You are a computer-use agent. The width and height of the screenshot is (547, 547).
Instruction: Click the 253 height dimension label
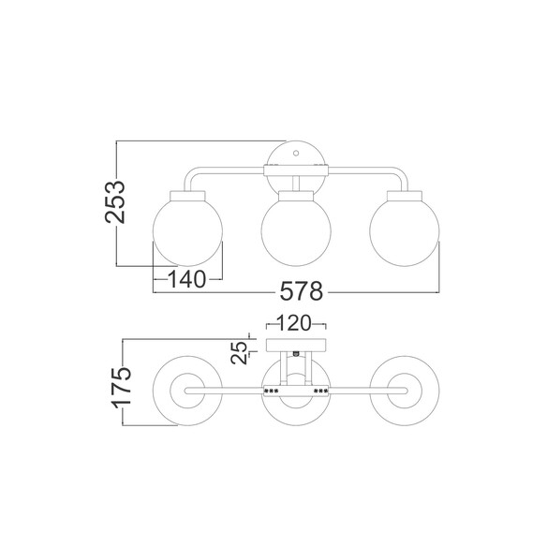115,202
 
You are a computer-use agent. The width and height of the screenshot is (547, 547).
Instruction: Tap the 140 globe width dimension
187,279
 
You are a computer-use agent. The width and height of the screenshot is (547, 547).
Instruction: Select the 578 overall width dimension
302,291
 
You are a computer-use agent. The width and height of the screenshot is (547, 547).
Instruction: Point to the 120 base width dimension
294,323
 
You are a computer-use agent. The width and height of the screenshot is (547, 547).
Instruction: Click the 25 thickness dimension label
240,353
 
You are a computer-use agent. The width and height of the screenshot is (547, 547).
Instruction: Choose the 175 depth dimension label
121,387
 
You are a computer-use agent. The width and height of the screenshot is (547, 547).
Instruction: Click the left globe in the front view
187,231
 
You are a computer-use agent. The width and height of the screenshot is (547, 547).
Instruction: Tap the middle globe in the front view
296,231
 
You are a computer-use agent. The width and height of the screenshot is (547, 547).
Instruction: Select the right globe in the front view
405,231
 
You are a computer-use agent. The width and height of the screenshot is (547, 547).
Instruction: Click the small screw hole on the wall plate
296,153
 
